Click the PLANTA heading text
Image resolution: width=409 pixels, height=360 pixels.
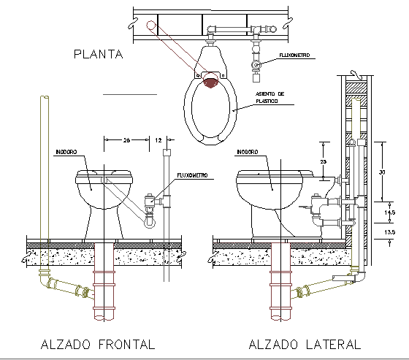tap(97, 53)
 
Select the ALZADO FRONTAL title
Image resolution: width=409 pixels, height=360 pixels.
tap(98, 343)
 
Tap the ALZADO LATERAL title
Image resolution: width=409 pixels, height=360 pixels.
tap(305, 343)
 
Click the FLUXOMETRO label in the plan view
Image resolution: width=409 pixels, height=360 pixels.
tap(294, 55)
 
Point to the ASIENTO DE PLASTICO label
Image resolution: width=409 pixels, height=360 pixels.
tap(270, 99)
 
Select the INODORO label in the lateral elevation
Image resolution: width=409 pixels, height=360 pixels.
tap(247, 153)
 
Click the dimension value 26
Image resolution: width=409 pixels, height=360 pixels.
tap(126, 138)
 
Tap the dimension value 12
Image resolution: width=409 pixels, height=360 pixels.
tap(159, 138)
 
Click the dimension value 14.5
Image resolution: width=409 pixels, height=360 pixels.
tap(391, 212)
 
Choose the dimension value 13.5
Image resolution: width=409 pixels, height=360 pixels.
tap(391, 232)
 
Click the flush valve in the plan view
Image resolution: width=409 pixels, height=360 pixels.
tap(256, 65)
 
